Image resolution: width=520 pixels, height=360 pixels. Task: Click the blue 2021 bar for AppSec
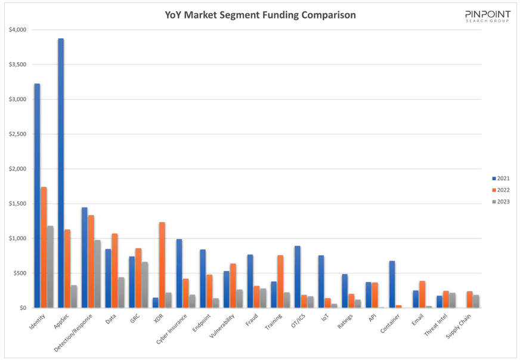click(61, 173)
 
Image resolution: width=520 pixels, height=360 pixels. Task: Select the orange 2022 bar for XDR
click(162, 265)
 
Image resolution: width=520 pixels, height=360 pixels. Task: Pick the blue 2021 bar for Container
click(392, 284)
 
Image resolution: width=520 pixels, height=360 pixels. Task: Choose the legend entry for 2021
click(501, 178)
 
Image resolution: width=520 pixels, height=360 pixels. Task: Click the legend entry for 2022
click(501, 190)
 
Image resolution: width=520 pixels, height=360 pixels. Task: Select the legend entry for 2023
click(501, 201)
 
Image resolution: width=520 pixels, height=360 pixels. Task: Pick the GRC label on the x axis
click(135, 319)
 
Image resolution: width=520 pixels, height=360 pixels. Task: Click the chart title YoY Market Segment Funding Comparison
click(260, 15)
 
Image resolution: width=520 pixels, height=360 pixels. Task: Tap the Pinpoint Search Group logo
click(488, 16)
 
